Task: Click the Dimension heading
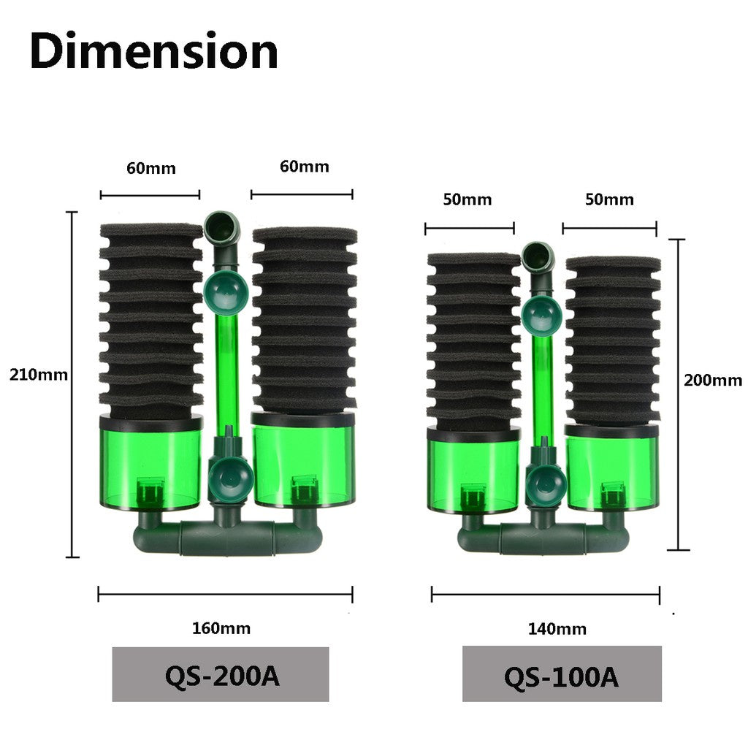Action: (154, 52)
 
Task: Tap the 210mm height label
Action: (38, 375)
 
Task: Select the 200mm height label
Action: (712, 380)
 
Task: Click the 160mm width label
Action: (221, 628)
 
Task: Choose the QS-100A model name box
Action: (561, 676)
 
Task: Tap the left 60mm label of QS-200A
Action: (150, 168)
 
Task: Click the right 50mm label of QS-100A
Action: (609, 199)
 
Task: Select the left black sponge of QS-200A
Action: (150, 321)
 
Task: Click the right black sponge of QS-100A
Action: (612, 340)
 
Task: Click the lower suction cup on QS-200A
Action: (229, 478)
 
